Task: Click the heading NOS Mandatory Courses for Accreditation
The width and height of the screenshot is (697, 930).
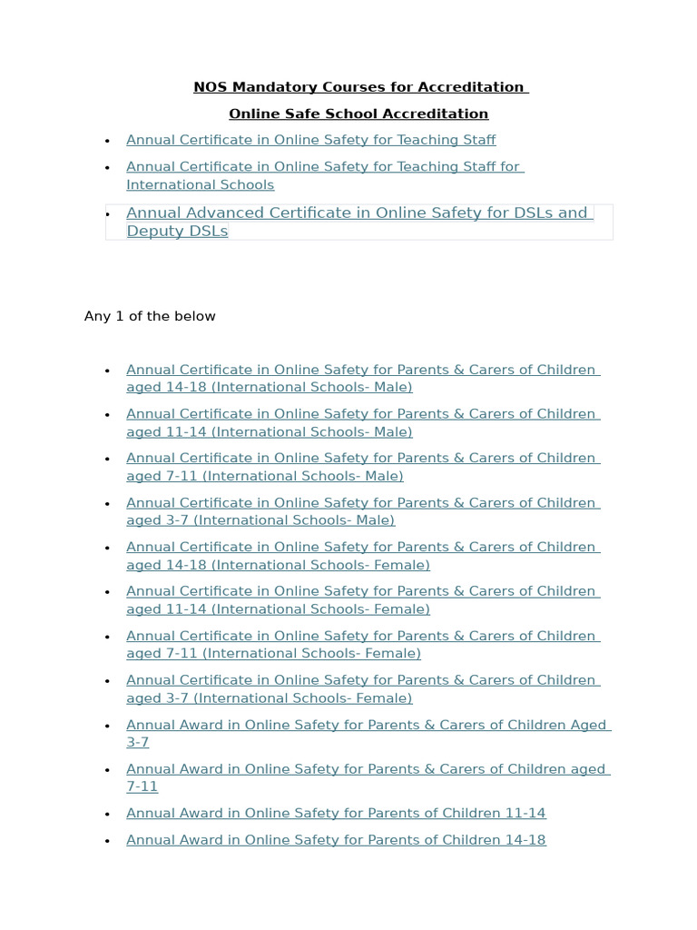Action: click(360, 87)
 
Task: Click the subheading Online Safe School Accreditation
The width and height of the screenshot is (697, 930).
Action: click(358, 114)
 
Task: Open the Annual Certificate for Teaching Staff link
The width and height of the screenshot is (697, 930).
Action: click(310, 140)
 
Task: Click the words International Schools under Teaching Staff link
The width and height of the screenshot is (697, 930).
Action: click(200, 184)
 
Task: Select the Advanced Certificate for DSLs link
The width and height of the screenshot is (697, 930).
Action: click(357, 213)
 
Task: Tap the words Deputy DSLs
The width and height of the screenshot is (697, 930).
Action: click(177, 231)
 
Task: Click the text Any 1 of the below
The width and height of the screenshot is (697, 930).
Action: click(150, 316)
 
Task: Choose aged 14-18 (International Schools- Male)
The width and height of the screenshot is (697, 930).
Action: click(269, 387)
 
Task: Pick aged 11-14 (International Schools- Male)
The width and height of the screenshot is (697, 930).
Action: click(269, 431)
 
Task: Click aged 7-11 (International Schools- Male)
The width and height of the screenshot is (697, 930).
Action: click(264, 476)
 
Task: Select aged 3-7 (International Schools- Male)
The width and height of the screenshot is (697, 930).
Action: click(260, 520)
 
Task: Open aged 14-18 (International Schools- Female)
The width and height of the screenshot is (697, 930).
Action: click(278, 565)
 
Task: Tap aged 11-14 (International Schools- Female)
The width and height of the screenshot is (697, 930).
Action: click(278, 609)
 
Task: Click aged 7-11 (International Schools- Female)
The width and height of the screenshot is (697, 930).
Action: click(273, 653)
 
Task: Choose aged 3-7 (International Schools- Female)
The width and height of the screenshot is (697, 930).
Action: click(269, 698)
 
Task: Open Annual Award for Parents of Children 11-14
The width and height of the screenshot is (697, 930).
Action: click(336, 813)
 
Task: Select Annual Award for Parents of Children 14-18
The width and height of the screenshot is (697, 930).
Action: click(336, 840)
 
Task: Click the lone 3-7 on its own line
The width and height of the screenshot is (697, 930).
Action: click(137, 742)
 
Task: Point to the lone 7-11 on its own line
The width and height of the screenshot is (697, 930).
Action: click(142, 787)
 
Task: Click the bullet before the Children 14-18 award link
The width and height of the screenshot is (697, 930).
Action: click(107, 841)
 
